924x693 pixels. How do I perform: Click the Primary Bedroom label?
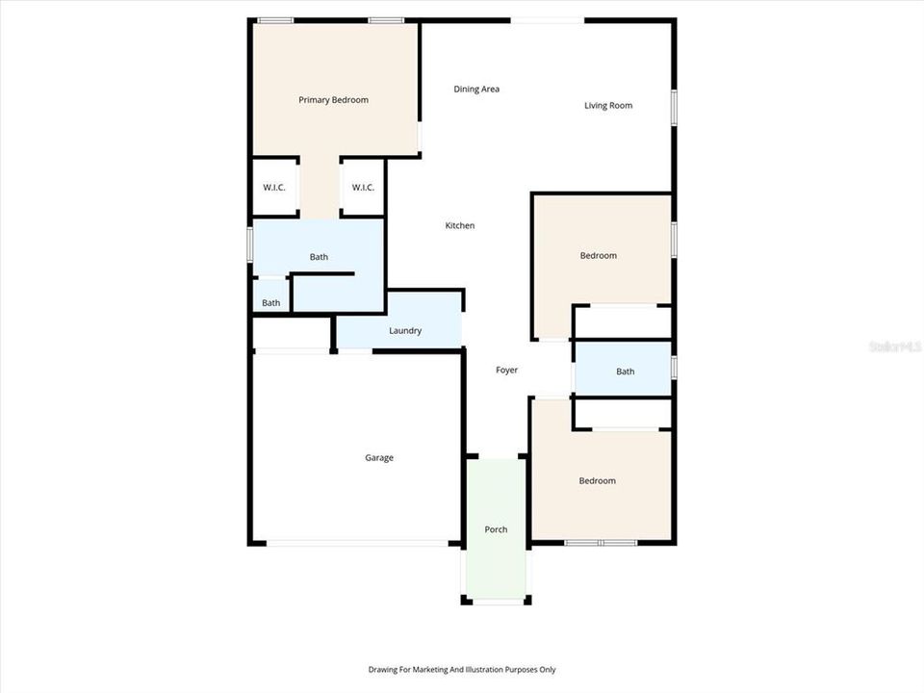pyautogui.click(x=333, y=100)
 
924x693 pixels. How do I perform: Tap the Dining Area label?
pyautogui.click(x=476, y=90)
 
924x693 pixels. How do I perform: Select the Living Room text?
pyautogui.click(x=608, y=106)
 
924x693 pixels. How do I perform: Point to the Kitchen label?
pyautogui.click(x=460, y=226)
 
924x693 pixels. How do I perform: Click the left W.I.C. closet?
pyautogui.click(x=274, y=188)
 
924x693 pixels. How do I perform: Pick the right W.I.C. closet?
pyautogui.click(x=363, y=188)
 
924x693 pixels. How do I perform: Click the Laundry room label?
pyautogui.click(x=405, y=331)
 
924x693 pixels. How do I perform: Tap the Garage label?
pyautogui.click(x=379, y=458)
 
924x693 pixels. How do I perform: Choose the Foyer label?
pyautogui.click(x=507, y=371)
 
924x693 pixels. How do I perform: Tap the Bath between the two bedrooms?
pyautogui.click(x=626, y=372)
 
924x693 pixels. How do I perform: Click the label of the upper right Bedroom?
pyautogui.click(x=598, y=256)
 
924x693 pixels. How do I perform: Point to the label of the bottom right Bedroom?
pyautogui.click(x=597, y=481)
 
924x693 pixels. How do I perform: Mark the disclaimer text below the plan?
pyautogui.click(x=462, y=670)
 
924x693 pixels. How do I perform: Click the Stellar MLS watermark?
pyautogui.click(x=894, y=346)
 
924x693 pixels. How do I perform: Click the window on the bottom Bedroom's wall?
pyautogui.click(x=601, y=543)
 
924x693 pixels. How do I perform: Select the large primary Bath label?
pyautogui.click(x=319, y=257)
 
